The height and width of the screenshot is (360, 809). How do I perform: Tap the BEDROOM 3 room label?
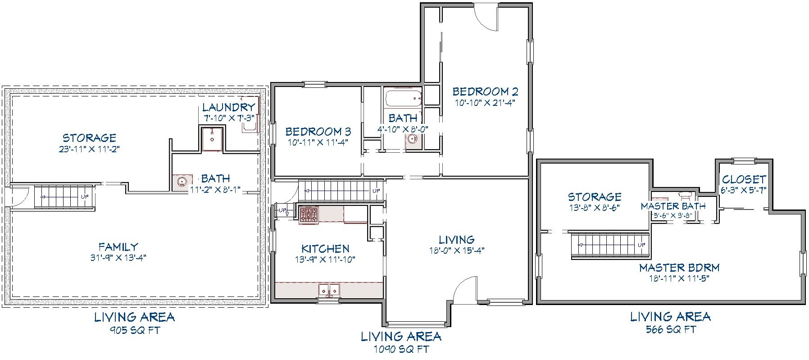(318, 132)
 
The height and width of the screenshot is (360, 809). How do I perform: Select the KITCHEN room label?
(325, 249)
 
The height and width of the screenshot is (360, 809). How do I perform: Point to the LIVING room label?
(457, 240)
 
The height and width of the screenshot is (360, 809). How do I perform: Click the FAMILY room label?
(118, 247)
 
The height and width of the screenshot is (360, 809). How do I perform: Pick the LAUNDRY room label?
(229, 107)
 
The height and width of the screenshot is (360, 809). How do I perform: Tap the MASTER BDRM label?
(679, 268)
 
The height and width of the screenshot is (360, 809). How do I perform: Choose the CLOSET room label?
(744, 179)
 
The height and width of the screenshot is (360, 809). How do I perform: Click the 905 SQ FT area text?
(135, 330)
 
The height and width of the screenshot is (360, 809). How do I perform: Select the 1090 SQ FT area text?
(401, 349)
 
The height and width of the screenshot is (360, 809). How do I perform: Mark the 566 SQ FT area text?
(671, 330)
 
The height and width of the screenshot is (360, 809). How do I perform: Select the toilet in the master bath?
(685, 196)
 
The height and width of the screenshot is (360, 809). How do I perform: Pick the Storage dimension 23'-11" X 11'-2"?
(89, 149)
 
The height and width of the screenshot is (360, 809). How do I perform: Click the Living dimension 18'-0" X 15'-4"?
(457, 251)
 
